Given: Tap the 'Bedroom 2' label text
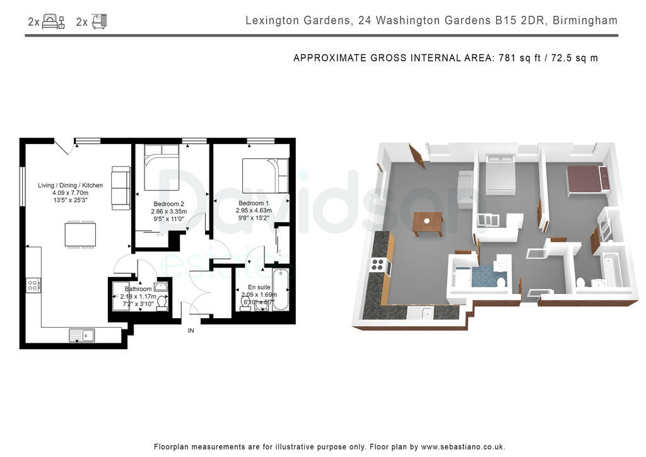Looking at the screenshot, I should [x=168, y=203].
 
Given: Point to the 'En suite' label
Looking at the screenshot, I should [x=259, y=287].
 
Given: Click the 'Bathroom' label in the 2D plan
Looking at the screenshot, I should [x=138, y=289].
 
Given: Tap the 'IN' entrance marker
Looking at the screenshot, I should [x=191, y=330].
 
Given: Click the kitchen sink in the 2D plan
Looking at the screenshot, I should [x=82, y=335].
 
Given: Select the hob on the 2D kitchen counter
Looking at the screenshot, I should [x=33, y=285].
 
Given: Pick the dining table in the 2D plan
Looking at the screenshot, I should [x=81, y=235].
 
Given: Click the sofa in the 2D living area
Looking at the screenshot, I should [x=120, y=188].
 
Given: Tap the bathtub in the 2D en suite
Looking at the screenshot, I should [x=281, y=290].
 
